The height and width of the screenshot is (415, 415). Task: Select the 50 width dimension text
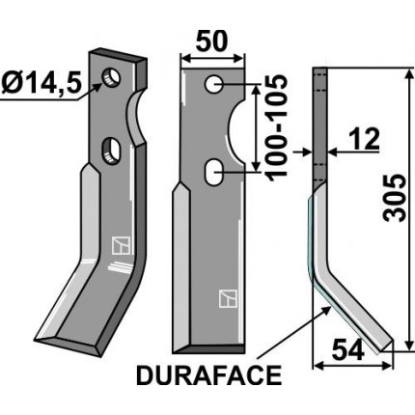[x=212, y=42]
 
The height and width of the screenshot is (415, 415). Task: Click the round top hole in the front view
[x=212, y=85]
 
